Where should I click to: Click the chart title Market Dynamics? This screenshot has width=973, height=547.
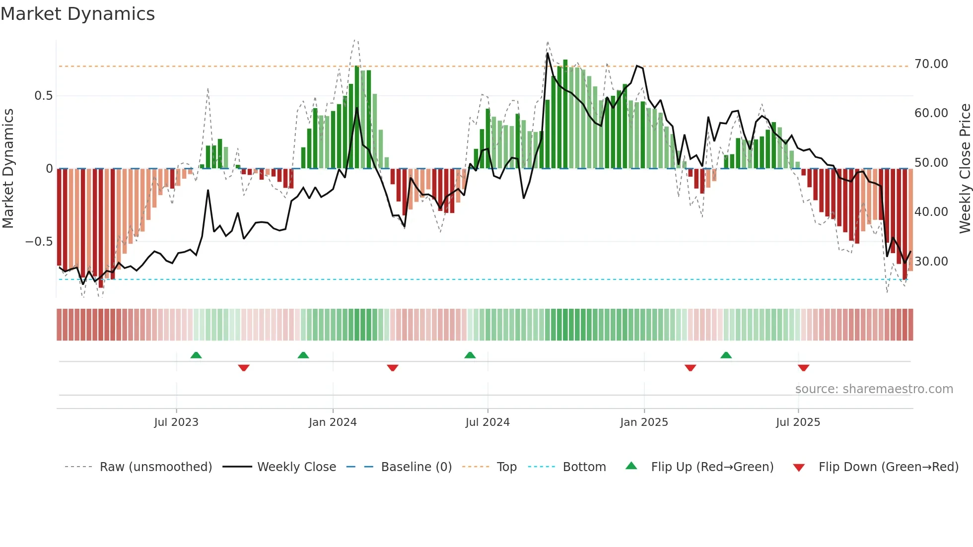pos(78,14)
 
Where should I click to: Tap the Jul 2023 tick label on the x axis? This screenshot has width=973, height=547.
pos(176,422)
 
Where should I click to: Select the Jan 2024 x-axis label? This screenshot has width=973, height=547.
pos(333,422)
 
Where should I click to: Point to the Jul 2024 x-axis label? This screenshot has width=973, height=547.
pos(487,422)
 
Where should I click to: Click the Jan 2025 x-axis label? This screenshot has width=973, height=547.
pos(644,422)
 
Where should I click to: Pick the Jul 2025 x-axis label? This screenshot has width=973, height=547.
pos(798,422)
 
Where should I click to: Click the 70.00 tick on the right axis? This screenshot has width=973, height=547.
pos(931,64)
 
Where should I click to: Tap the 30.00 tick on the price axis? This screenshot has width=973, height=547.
pos(931,262)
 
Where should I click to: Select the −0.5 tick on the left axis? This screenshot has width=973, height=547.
pos(39,242)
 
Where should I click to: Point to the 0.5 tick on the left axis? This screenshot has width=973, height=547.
pos(43,96)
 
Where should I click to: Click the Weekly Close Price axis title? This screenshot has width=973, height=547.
pos(965,169)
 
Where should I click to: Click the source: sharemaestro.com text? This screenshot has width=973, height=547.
pos(874,389)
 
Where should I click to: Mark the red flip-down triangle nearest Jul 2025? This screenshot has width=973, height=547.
pos(804,368)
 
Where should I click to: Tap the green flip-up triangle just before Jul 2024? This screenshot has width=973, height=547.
pos(470,355)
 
